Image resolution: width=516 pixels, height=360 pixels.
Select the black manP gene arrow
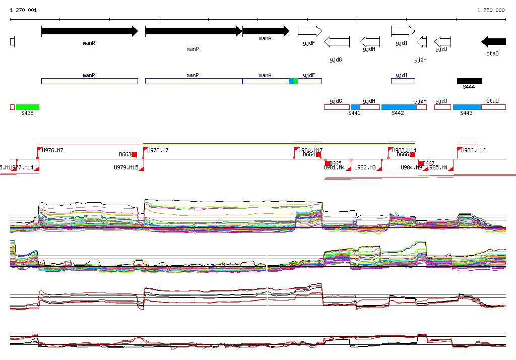[193, 31]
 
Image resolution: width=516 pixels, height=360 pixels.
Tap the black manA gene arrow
[266, 31]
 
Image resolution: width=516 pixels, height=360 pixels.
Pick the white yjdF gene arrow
[309, 31]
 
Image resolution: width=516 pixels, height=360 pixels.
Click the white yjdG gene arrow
[337, 41]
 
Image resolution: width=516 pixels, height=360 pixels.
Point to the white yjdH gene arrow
[370, 41]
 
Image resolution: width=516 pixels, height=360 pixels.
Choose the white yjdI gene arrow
[403, 31]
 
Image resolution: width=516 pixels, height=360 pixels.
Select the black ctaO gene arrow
[493, 41]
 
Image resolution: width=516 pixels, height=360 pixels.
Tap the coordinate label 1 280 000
[491, 10]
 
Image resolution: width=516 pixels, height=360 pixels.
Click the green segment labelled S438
[28, 107]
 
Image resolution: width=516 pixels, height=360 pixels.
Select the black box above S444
[469, 81]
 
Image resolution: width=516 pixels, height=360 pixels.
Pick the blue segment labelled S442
[399, 107]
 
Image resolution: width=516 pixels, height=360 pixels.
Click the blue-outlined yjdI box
[403, 81]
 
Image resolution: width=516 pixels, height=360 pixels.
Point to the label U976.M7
[52, 150]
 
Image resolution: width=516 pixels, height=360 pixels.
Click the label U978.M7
[158, 150]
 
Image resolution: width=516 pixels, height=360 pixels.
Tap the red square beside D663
[134, 154]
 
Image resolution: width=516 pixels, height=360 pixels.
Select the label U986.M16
[473, 150]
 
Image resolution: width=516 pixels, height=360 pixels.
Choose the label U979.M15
[126, 167]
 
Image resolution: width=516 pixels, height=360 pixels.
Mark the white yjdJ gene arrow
[442, 41]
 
